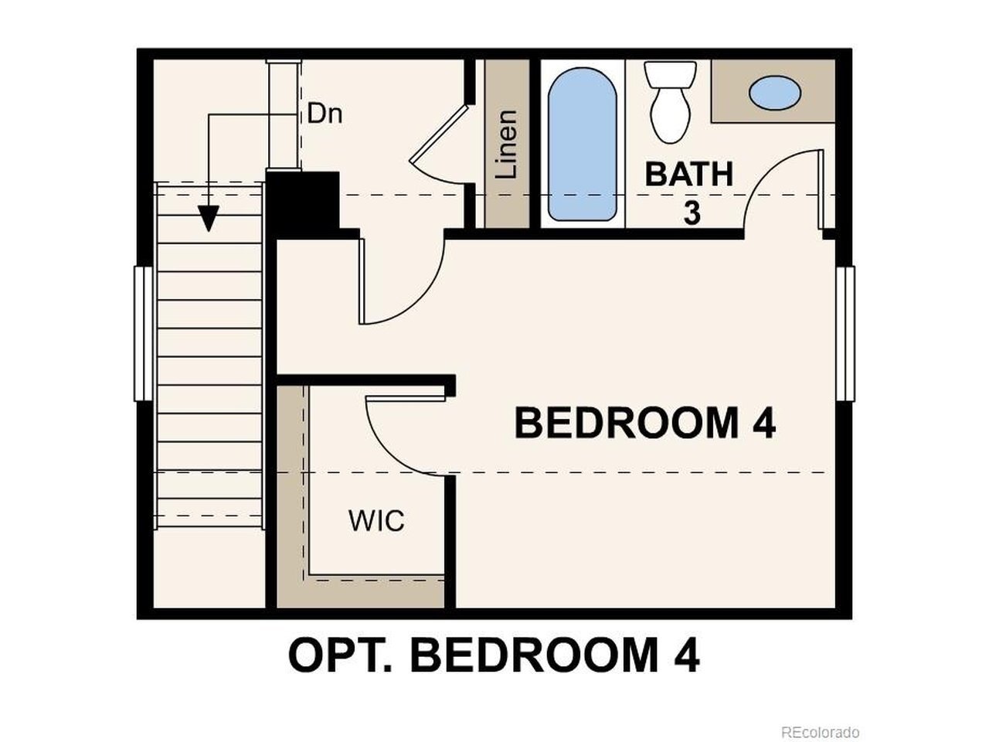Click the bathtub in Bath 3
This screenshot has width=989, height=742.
point(582,144)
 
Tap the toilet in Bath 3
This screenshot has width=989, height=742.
point(670,102)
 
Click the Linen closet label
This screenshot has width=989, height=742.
point(506,145)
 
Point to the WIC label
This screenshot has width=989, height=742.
point(376,521)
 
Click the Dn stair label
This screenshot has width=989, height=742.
point(325,114)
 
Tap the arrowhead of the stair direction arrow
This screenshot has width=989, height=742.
point(209,219)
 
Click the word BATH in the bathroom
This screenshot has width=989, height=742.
point(689,175)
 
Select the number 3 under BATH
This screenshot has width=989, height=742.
point(692,213)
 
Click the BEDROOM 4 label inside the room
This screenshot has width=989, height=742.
point(644,423)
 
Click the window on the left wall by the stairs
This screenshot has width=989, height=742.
point(144,333)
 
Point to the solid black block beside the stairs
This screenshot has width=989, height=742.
point(303,205)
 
